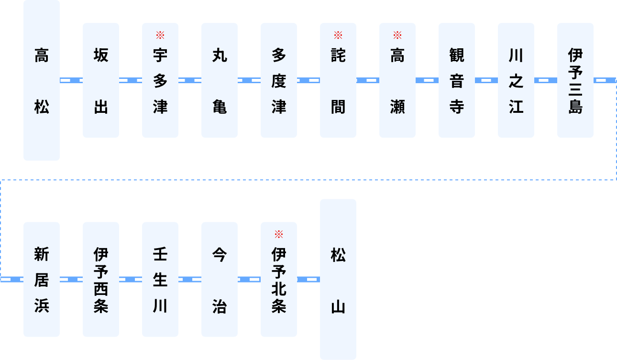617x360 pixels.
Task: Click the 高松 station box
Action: (42, 80)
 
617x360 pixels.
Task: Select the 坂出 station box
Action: (101, 80)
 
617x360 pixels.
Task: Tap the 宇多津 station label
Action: (160, 81)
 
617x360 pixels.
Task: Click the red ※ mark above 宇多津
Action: (160, 35)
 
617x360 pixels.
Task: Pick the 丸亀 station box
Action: (220, 80)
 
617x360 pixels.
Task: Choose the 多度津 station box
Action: (279, 80)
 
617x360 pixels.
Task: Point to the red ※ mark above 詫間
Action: (338, 35)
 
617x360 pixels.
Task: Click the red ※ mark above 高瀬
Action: (397, 35)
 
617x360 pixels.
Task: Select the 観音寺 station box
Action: (457, 80)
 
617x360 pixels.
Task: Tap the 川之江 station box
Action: (516, 80)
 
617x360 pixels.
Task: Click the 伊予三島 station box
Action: (575, 80)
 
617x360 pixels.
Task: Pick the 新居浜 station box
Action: (42, 279)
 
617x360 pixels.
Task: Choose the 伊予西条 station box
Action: (101, 279)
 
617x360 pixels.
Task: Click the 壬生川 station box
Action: (160, 279)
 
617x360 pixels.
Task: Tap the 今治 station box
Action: (220, 279)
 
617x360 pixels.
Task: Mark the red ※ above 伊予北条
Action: (279, 234)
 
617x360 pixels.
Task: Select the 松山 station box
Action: (338, 279)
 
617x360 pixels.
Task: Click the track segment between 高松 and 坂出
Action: (71, 80)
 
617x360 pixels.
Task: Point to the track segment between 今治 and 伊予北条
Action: (249, 279)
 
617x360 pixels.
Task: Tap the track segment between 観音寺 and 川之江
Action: (486, 80)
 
